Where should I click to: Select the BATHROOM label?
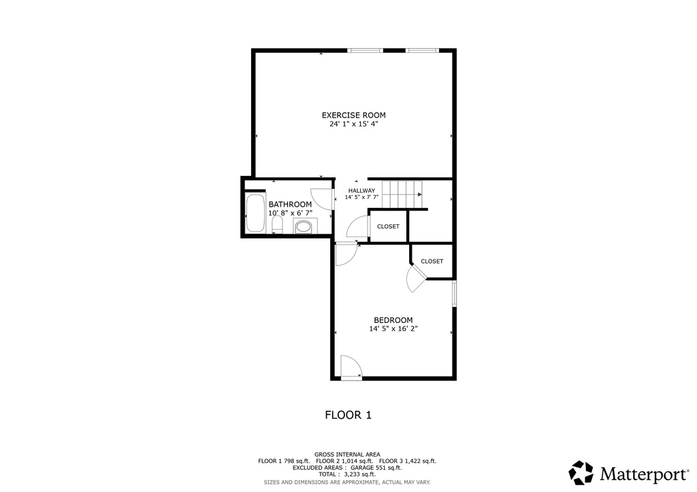click(290, 204)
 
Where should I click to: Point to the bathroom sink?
click(304, 226)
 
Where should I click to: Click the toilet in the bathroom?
click(277, 225)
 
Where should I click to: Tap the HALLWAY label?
click(361, 190)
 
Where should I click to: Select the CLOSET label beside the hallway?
click(388, 226)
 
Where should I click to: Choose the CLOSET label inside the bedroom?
click(432, 261)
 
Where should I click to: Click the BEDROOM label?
click(393, 320)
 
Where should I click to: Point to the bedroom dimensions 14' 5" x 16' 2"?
click(393, 329)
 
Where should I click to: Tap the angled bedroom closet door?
click(415, 279)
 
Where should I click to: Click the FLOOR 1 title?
click(348, 414)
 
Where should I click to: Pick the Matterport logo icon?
click(581, 472)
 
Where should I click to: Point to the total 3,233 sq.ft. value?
click(361, 474)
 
